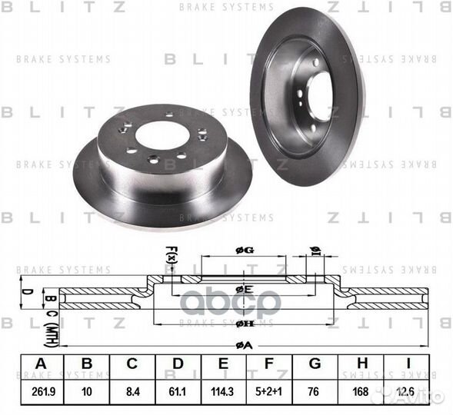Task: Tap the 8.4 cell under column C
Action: coord(132,391)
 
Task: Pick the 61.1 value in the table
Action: coord(178,391)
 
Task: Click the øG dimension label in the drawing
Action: coord(244,247)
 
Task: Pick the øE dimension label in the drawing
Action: coord(244,289)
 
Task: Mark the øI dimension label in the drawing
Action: coord(314,250)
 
